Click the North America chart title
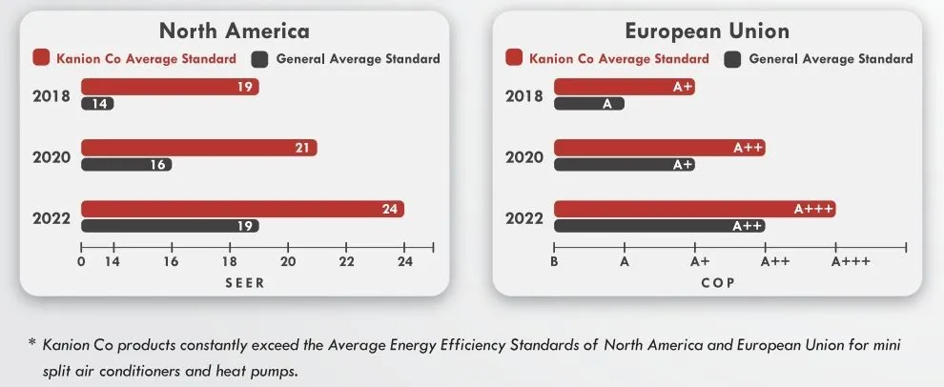[x=234, y=31]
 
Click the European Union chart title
[x=707, y=31]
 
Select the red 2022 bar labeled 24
[x=242, y=209]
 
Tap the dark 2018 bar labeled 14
[x=97, y=104]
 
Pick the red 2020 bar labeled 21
[x=198, y=148]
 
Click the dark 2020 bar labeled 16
[x=126, y=165]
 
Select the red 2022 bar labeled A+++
[x=694, y=209]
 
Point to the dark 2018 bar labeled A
[x=588, y=104]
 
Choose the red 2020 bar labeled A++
[x=659, y=148]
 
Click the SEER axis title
[x=244, y=282]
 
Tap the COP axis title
[x=717, y=282]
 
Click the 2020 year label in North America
[x=51, y=156]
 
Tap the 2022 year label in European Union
[x=524, y=217]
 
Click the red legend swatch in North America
[x=41, y=58]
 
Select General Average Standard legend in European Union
[x=831, y=59]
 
